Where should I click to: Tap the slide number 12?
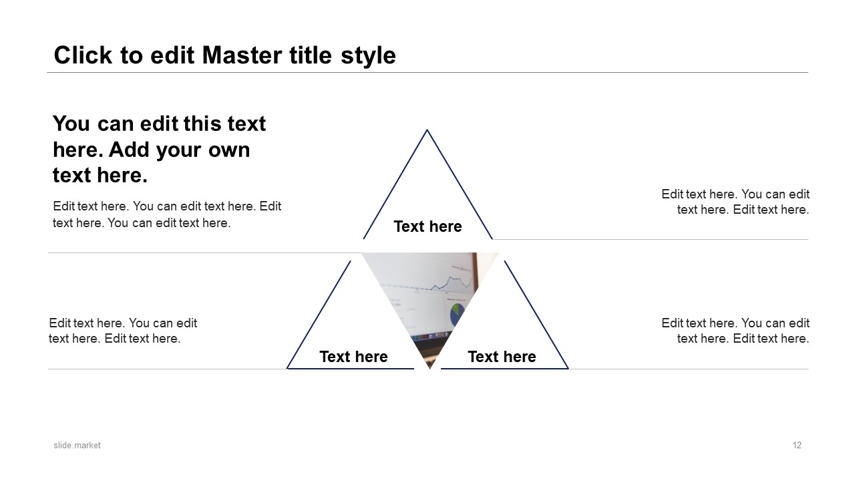[797, 445]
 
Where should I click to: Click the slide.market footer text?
[77, 445]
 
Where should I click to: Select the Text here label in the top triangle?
[427, 226]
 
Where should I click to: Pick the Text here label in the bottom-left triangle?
[353, 357]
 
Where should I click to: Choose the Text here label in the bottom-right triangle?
[502, 357]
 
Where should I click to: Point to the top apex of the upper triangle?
[427, 130]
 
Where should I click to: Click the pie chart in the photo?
[457, 315]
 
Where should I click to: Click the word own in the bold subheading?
[228, 150]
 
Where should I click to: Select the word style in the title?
[368, 56]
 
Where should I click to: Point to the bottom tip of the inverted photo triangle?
[430, 369]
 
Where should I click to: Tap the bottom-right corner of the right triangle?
[568, 368]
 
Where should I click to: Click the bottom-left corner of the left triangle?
[287, 368]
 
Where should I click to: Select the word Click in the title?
[83, 55]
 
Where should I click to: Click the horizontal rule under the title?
[427, 72]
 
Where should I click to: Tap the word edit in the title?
[172, 55]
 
